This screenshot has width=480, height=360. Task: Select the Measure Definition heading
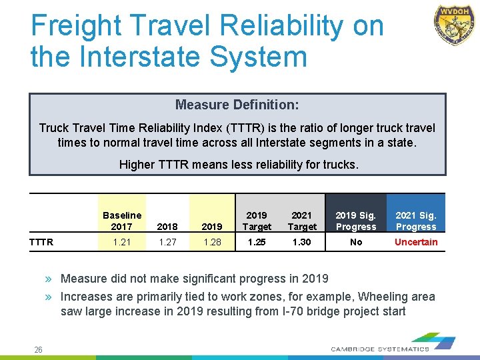pyautogui.click(x=237, y=105)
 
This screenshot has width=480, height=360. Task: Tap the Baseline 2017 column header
pyautogui.click(x=122, y=221)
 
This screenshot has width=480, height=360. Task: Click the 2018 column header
pyautogui.click(x=168, y=227)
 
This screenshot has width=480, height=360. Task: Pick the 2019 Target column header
pyautogui.click(x=257, y=221)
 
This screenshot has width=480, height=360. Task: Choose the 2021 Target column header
pyautogui.click(x=302, y=221)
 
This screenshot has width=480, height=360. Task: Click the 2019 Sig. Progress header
pyautogui.click(x=356, y=221)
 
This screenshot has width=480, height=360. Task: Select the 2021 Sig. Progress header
pyautogui.click(x=416, y=221)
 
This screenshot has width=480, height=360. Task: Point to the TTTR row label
pyautogui.click(x=41, y=242)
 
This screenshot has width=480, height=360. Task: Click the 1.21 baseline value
pyautogui.click(x=122, y=242)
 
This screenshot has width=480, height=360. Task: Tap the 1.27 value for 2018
pyautogui.click(x=168, y=242)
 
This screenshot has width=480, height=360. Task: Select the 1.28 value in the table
pyautogui.click(x=212, y=242)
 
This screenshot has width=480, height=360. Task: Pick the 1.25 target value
pyautogui.click(x=257, y=242)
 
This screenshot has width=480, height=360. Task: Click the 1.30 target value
pyautogui.click(x=302, y=242)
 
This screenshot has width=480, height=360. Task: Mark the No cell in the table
pyautogui.click(x=356, y=242)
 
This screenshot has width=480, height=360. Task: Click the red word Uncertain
pyautogui.click(x=416, y=242)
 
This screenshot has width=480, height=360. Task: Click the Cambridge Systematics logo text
pyautogui.click(x=380, y=349)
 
